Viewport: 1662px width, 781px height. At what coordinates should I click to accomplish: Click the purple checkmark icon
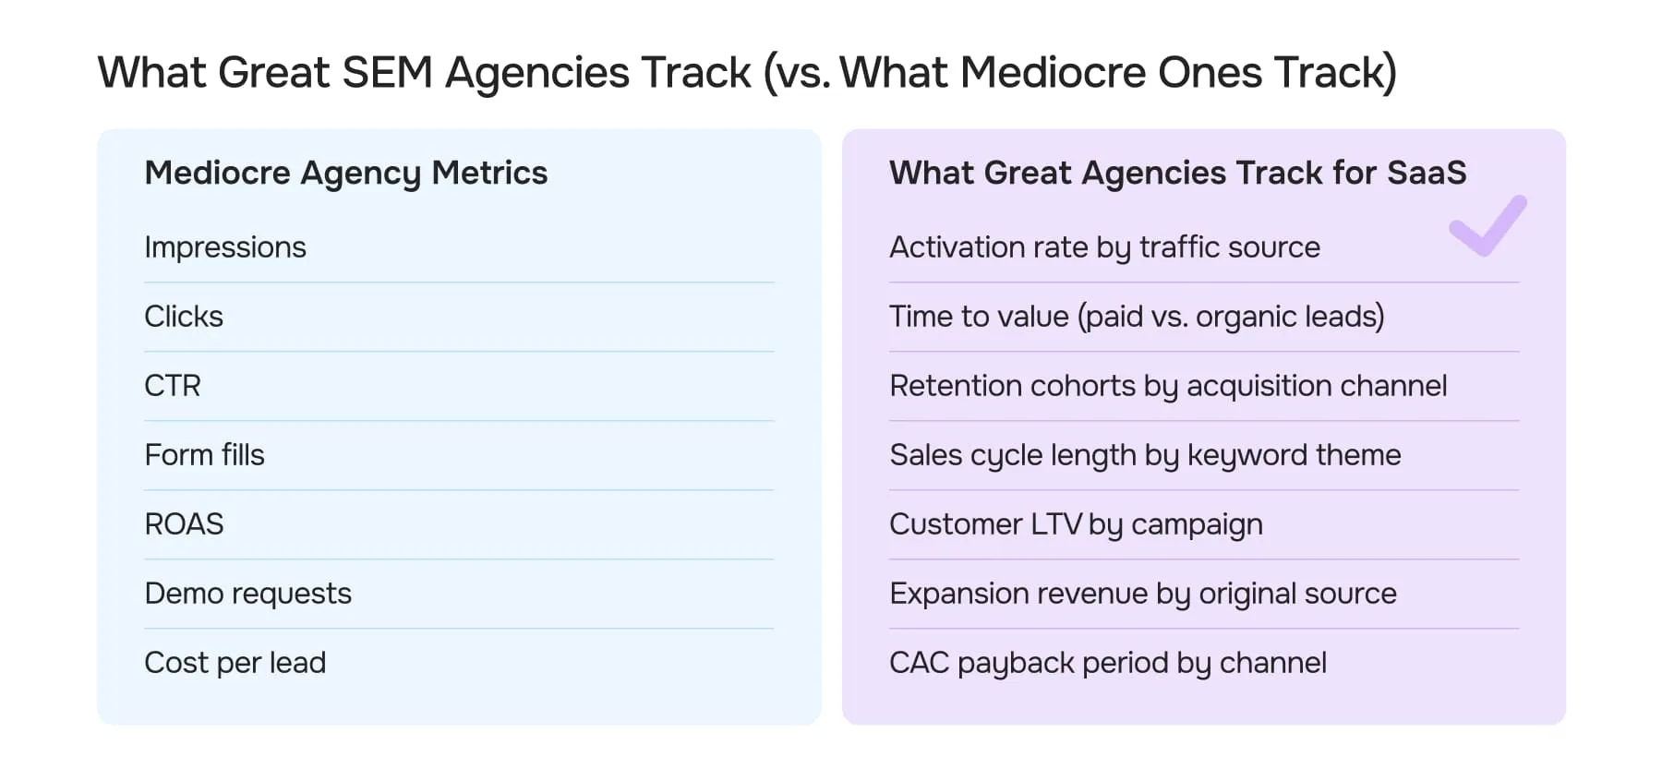[x=1487, y=226]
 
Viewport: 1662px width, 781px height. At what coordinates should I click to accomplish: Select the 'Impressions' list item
[x=225, y=247]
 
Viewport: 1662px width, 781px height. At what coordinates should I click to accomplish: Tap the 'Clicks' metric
[x=184, y=317]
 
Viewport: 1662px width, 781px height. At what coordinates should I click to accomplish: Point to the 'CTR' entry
[x=173, y=386]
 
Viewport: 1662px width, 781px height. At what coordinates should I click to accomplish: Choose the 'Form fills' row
[x=204, y=455]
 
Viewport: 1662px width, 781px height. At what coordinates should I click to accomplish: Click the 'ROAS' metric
[x=184, y=524]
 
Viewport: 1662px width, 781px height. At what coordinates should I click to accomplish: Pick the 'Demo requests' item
[x=247, y=594]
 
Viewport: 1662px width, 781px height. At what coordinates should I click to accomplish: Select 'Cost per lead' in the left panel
[x=235, y=663]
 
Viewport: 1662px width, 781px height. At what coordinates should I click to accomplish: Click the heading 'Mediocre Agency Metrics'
[x=346, y=173]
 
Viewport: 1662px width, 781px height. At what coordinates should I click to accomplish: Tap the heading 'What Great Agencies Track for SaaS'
[x=1177, y=173]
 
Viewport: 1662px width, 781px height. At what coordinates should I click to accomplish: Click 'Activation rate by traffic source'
[x=1104, y=247]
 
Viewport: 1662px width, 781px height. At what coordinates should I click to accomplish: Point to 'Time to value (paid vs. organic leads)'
[x=1137, y=317]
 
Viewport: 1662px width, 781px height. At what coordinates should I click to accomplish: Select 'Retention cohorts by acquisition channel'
[x=1168, y=386]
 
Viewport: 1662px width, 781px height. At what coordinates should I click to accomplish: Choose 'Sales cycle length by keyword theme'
[x=1145, y=455]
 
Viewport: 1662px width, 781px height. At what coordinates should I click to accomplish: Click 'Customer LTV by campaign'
[x=1076, y=524]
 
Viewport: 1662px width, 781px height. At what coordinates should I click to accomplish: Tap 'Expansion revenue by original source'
[x=1143, y=594]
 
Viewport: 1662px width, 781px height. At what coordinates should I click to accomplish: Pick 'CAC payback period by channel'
[x=1108, y=663]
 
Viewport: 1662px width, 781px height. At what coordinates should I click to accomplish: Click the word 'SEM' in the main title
[x=387, y=73]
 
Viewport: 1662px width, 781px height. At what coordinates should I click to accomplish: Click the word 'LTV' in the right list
[x=1055, y=524]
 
